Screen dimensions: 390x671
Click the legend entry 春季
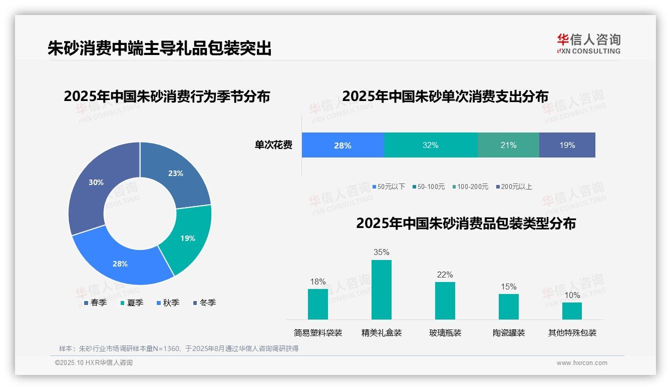95,302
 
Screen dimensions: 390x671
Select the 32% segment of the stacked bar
430,145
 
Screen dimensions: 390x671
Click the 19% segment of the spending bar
567,145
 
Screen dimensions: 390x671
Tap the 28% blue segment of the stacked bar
343,145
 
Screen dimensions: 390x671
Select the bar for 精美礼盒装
381,289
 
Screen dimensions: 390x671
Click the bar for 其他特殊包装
572,310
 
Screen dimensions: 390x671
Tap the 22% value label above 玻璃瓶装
445,274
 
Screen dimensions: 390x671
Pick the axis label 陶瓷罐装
508,332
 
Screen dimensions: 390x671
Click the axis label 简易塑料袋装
317,332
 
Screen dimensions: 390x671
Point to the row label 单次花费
273,145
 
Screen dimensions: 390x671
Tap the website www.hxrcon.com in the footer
582,363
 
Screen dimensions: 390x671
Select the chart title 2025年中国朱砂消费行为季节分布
167,96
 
